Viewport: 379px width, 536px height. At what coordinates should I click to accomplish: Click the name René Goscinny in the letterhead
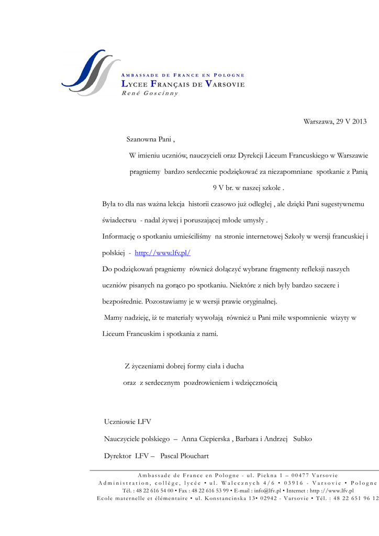pos(150,93)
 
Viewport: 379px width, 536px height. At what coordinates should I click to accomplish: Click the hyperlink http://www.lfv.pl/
pos(163,253)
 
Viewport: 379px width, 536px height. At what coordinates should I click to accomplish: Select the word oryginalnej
pos(257,301)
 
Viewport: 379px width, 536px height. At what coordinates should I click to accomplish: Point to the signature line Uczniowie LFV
pos(128,422)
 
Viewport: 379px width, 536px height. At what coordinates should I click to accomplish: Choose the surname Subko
pos(303,439)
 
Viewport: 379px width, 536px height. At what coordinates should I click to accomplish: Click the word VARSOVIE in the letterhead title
pos(225,84)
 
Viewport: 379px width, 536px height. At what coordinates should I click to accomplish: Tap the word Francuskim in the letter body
pos(143,334)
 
